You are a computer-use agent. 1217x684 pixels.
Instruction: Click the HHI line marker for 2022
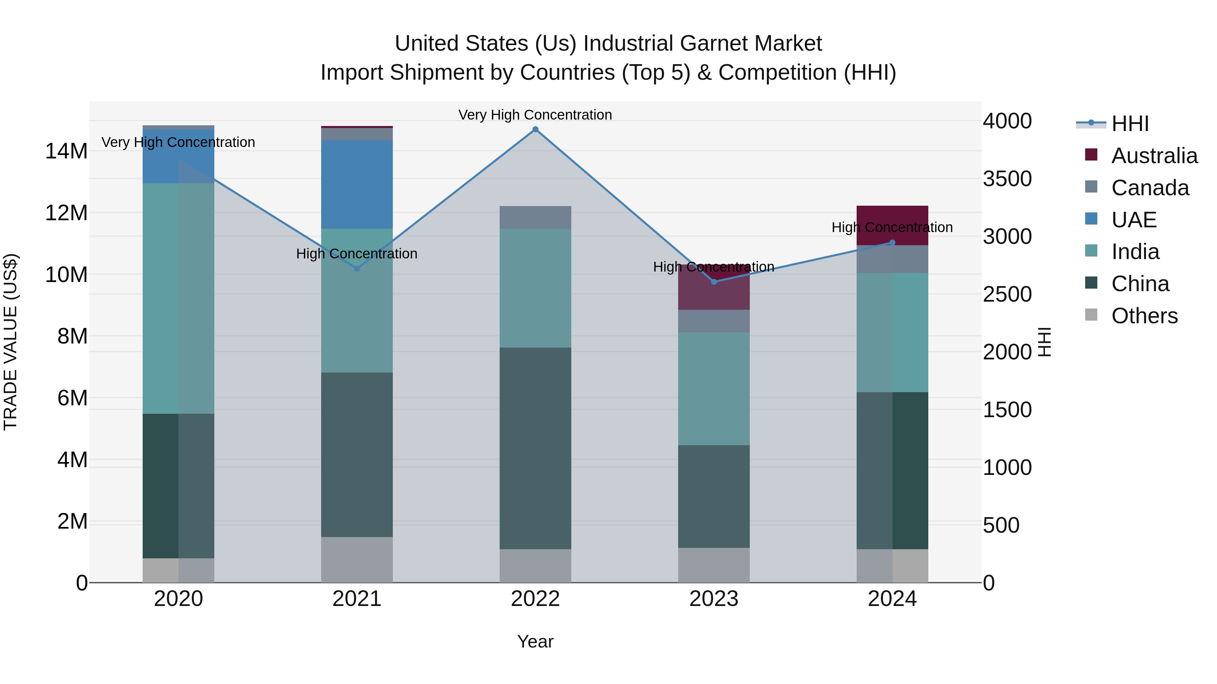pyautogui.click(x=535, y=129)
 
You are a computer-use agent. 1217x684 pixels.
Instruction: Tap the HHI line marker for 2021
pyautogui.click(x=357, y=269)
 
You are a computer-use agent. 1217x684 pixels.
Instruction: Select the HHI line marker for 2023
pyautogui.click(x=714, y=282)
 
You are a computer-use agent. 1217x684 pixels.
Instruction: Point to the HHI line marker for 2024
pyautogui.click(x=892, y=243)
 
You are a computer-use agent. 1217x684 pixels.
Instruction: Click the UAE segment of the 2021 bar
pyautogui.click(x=357, y=184)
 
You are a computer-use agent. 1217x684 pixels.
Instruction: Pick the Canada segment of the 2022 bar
pyautogui.click(x=535, y=217)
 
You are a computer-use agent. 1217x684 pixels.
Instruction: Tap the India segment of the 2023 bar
pyautogui.click(x=714, y=388)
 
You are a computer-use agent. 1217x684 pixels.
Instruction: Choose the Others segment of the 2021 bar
pyautogui.click(x=357, y=559)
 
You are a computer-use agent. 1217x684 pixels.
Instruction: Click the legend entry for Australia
pyautogui.click(x=1154, y=156)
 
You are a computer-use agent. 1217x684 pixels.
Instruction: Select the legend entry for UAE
pyautogui.click(x=1134, y=220)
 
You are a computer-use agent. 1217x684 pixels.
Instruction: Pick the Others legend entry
pyautogui.click(x=1144, y=316)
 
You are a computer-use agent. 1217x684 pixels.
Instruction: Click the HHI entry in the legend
pyautogui.click(x=1129, y=124)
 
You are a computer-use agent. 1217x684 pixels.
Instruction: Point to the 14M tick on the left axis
pyautogui.click(x=66, y=152)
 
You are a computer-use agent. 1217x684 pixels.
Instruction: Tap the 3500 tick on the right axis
pyautogui.click(x=1007, y=179)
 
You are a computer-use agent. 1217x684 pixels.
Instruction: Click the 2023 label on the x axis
pyautogui.click(x=714, y=599)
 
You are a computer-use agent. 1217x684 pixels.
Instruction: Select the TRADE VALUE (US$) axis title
pyautogui.click(x=10, y=342)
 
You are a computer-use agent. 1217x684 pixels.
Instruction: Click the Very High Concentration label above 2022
pyautogui.click(x=535, y=115)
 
